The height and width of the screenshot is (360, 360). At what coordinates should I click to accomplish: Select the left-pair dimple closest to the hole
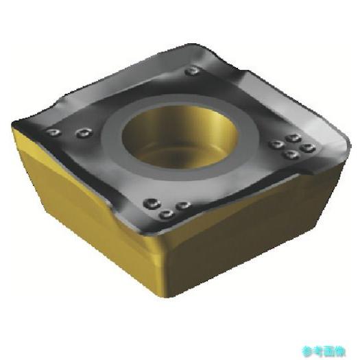[x=83, y=132]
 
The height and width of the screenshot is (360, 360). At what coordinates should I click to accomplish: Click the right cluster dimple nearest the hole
[x=276, y=144]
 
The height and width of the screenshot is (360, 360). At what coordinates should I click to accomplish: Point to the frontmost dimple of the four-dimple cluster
[x=291, y=154]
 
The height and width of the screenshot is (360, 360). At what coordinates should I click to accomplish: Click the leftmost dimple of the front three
[x=150, y=203]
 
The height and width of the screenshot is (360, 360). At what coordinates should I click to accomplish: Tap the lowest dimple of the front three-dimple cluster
[x=165, y=215]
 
